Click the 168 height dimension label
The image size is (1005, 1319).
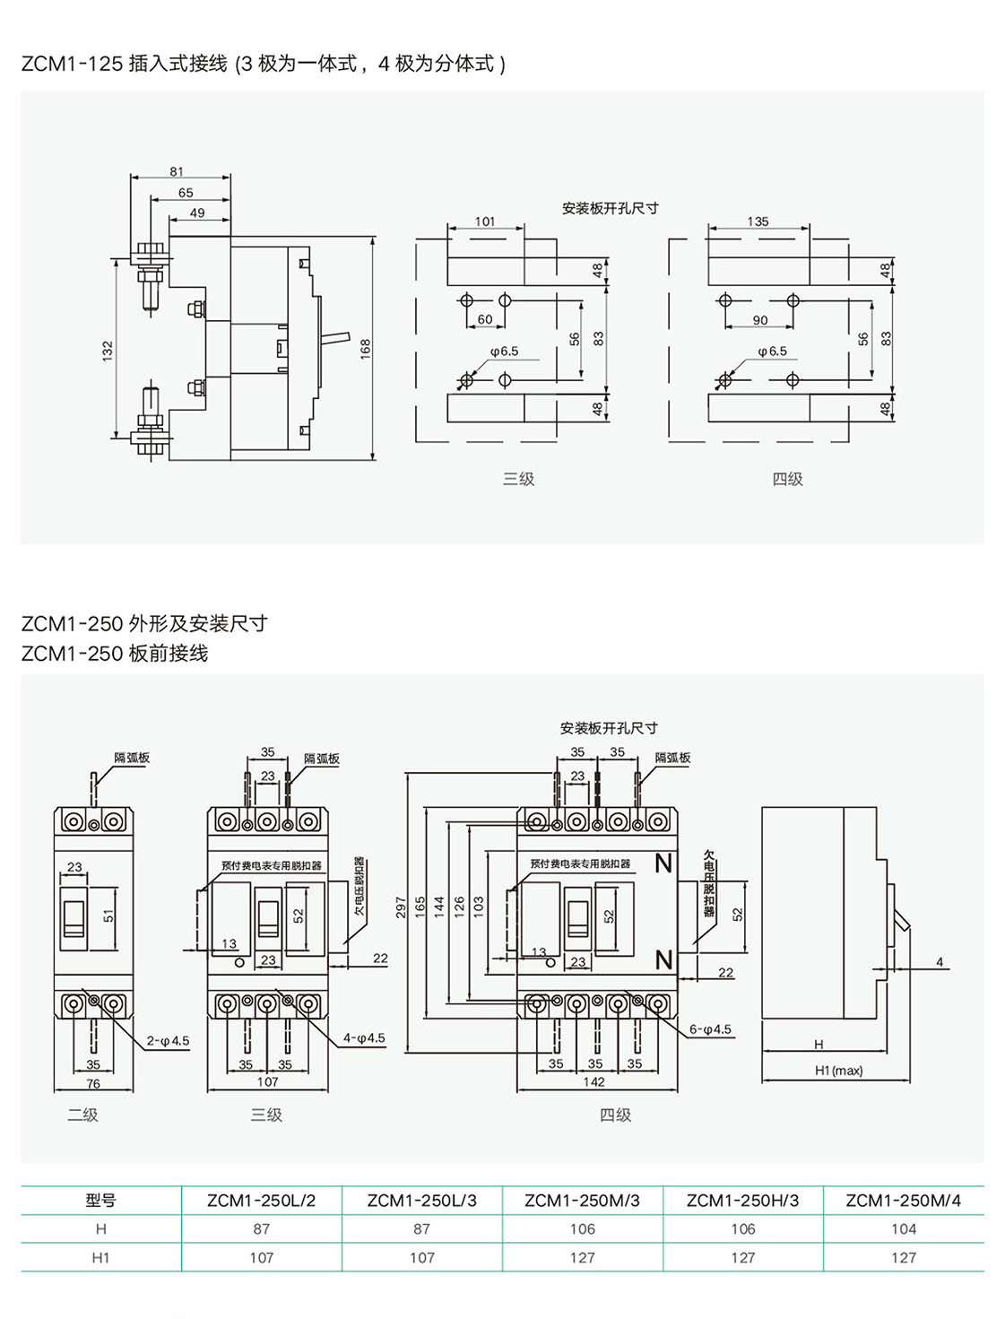[365, 349]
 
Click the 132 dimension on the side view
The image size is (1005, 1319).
[108, 349]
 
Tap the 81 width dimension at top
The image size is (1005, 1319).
[177, 171]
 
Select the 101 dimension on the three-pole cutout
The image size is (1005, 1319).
[485, 221]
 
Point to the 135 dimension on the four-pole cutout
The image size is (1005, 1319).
[758, 221]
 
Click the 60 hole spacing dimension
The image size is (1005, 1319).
[485, 319]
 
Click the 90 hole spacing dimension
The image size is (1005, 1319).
[759, 320]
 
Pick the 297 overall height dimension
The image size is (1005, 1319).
[400, 907]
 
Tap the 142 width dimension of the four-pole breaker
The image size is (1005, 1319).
[593, 1082]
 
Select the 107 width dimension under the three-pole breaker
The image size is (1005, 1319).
[267, 1082]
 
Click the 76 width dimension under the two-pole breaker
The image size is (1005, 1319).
[93, 1083]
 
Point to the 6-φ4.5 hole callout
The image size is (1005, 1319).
[710, 1029]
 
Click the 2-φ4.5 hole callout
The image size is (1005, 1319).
[169, 1041]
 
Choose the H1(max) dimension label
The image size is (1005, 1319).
[838, 1071]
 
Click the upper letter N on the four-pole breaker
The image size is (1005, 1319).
[663, 863]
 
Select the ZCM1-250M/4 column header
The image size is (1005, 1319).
[903, 1201]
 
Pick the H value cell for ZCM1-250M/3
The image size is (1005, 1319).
[582, 1229]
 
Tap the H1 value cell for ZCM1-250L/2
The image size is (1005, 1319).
[261, 1258]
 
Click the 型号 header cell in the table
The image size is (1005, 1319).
[100, 1201]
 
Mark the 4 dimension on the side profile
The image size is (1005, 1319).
[940, 962]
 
